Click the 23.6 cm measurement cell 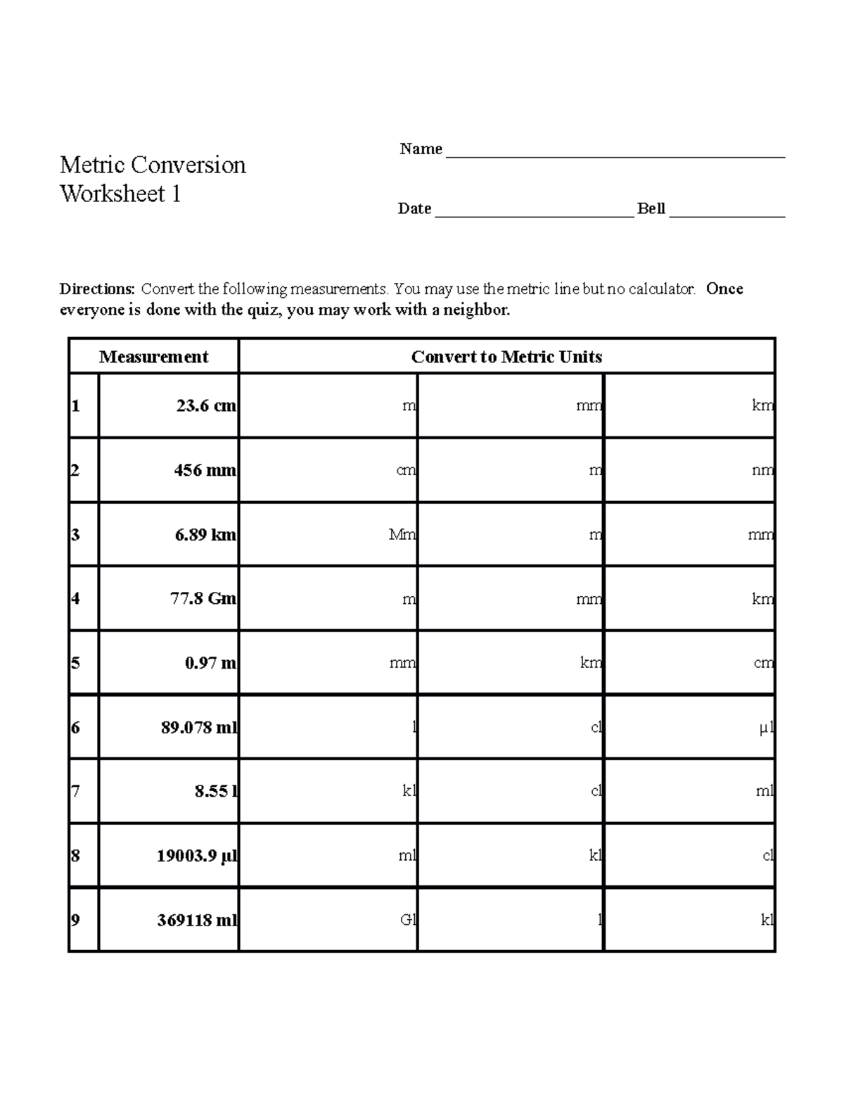tap(206, 406)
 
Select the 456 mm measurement tap(205, 470)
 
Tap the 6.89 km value tap(205, 535)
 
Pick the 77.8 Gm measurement tap(203, 599)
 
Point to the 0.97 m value tap(210, 663)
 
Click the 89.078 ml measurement tap(199, 728)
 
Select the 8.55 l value tap(216, 792)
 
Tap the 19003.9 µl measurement tap(197, 857)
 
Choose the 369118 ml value tap(197, 921)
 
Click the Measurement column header tap(153, 357)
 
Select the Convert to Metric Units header tap(506, 357)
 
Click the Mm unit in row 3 tap(402, 535)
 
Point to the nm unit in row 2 tap(762, 470)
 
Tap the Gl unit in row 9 tap(408, 921)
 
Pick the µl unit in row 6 tap(766, 728)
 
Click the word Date tap(414, 208)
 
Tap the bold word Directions tap(97, 289)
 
